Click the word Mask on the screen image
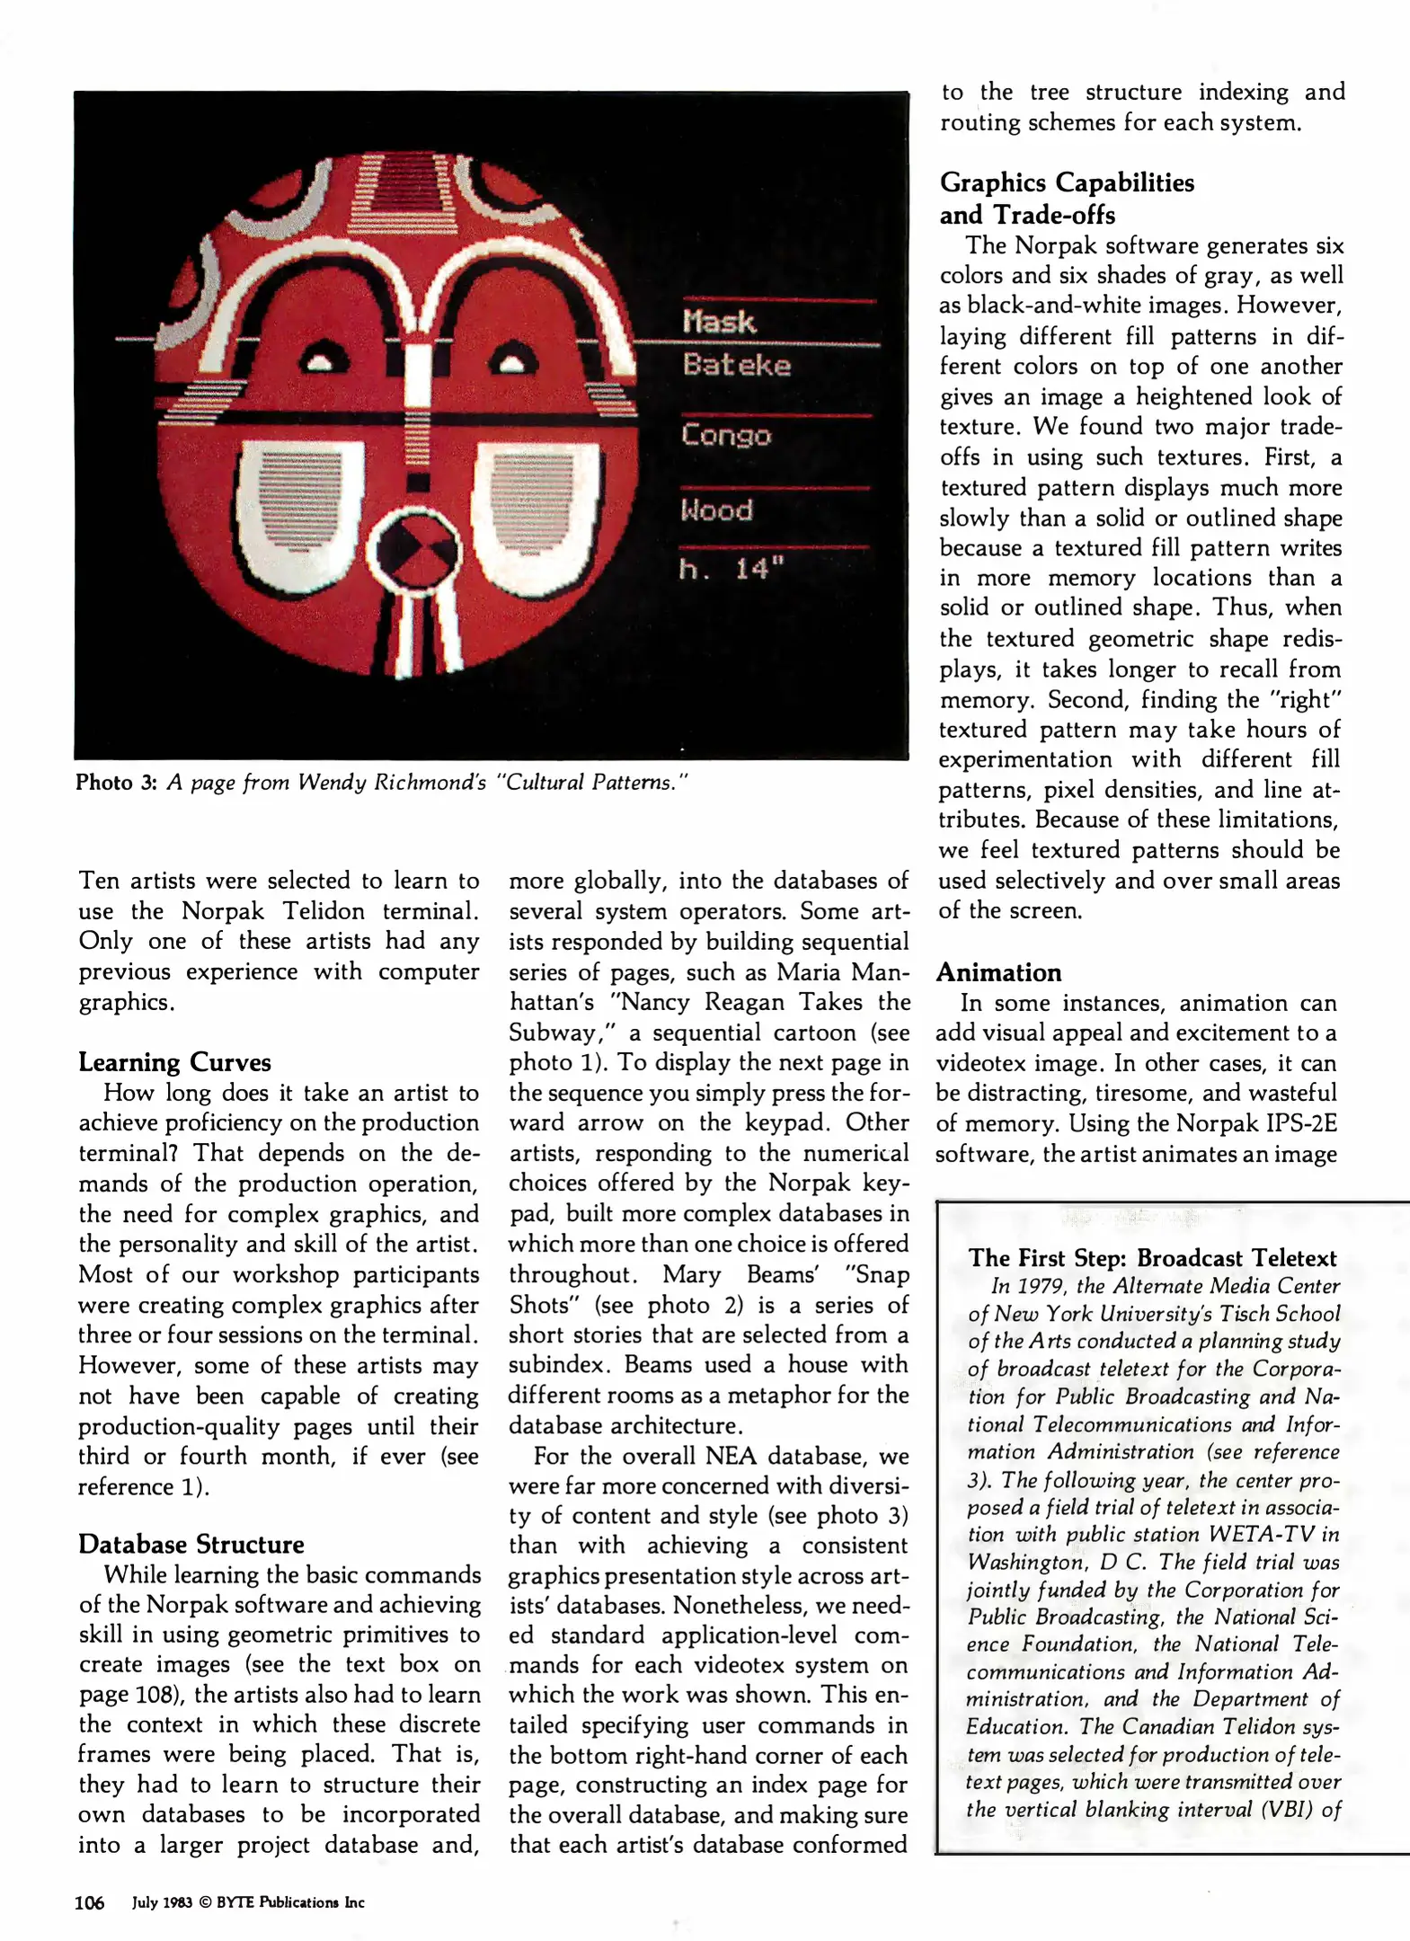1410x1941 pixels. click(718, 322)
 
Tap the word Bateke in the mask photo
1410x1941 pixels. click(736, 365)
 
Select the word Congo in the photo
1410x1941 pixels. click(725, 435)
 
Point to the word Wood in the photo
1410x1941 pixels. click(716, 510)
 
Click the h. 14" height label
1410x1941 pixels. click(732, 569)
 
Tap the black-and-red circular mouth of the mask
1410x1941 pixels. click(417, 552)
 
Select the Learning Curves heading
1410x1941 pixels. click(174, 1062)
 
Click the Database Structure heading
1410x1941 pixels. click(191, 1544)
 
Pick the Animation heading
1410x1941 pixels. click(998, 972)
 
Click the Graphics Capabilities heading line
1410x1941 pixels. click(1067, 182)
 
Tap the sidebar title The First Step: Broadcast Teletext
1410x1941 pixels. click(1152, 1258)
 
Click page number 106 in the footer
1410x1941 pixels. click(89, 1902)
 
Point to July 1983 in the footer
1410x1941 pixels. click(162, 1902)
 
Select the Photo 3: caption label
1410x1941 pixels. click(117, 782)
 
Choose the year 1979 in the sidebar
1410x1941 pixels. click(1040, 1286)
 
